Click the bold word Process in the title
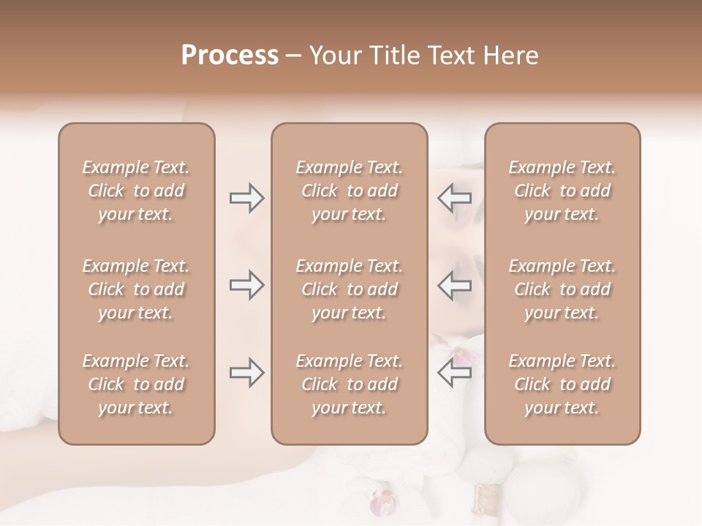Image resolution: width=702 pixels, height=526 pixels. click(230, 56)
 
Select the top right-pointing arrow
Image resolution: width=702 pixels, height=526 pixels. click(246, 198)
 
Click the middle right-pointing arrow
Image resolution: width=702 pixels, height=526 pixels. click(246, 285)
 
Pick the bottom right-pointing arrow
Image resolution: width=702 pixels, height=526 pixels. click(246, 373)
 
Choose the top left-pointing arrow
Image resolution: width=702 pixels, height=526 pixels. click(454, 198)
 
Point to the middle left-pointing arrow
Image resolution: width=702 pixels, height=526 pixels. click(454, 285)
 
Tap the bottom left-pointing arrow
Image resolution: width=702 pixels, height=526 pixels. click(454, 373)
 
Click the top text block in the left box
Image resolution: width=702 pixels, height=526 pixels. click(136, 191)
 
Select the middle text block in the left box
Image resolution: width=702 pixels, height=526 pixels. click(136, 289)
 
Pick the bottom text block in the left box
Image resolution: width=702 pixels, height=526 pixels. click(136, 384)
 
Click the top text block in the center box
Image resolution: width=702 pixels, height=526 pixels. click(349, 191)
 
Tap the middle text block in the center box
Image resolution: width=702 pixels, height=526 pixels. click(349, 289)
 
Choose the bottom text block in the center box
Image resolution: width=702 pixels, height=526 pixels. click(349, 384)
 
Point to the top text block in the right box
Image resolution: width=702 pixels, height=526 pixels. click(562, 191)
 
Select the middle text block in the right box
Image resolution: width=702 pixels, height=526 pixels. click(562, 289)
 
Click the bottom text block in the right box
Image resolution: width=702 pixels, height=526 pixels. click(562, 384)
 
